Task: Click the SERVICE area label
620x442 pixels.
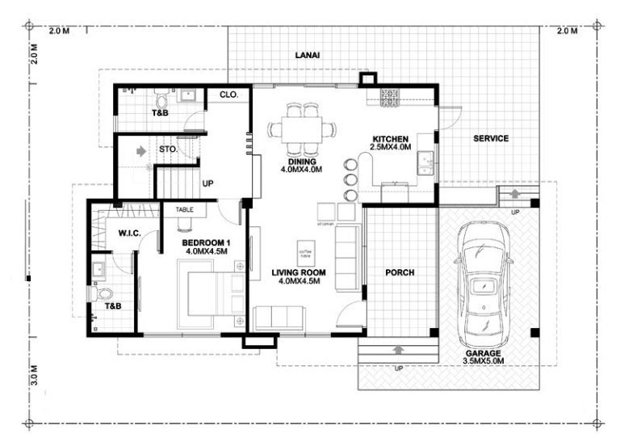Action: pyautogui.click(x=491, y=138)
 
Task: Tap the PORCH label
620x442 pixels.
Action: pyautogui.click(x=399, y=273)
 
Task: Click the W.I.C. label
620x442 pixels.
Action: pyautogui.click(x=129, y=234)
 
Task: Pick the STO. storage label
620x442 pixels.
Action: pyautogui.click(x=168, y=149)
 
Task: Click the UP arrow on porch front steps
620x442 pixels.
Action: pyautogui.click(x=399, y=349)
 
